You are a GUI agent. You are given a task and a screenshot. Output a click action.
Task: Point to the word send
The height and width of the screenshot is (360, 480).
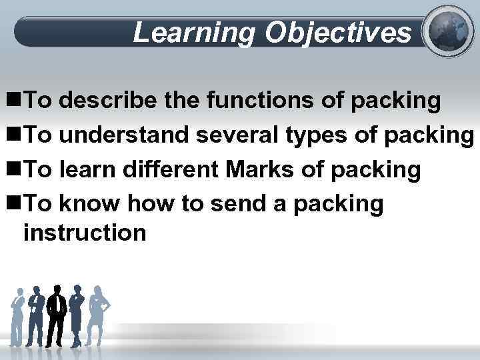pos(239,205)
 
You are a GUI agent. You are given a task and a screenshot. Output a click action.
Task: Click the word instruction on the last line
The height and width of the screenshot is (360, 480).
pos(85,233)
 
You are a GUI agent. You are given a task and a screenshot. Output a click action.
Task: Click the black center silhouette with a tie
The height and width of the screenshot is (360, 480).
pos(57,314)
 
